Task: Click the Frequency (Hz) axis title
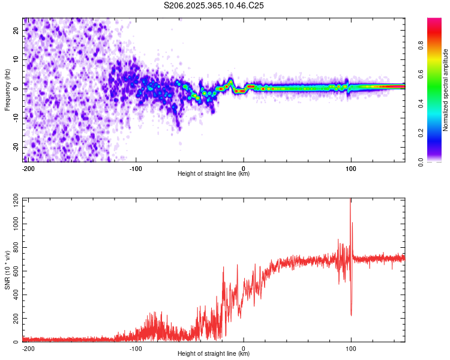(7, 89)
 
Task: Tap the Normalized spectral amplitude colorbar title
(445, 90)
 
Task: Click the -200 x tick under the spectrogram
(28, 167)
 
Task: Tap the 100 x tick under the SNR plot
(350, 348)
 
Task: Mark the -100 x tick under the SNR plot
(136, 348)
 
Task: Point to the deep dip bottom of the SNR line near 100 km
(351, 315)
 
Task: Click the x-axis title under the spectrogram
(214, 174)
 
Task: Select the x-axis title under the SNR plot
(214, 354)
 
